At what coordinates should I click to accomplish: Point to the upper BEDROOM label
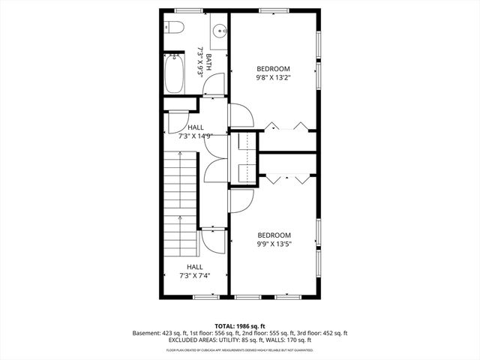[x=273, y=69]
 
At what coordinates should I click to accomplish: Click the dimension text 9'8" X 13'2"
[x=273, y=77]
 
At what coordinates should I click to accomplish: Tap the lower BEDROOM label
[x=274, y=235]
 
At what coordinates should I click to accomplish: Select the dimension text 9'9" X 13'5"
[x=274, y=243]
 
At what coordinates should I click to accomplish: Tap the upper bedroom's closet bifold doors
[x=287, y=125]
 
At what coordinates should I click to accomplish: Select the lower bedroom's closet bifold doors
[x=287, y=178]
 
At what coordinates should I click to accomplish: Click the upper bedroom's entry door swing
[x=241, y=115]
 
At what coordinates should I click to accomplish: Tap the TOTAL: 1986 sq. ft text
[x=239, y=326]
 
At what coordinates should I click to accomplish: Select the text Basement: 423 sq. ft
[x=160, y=333]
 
